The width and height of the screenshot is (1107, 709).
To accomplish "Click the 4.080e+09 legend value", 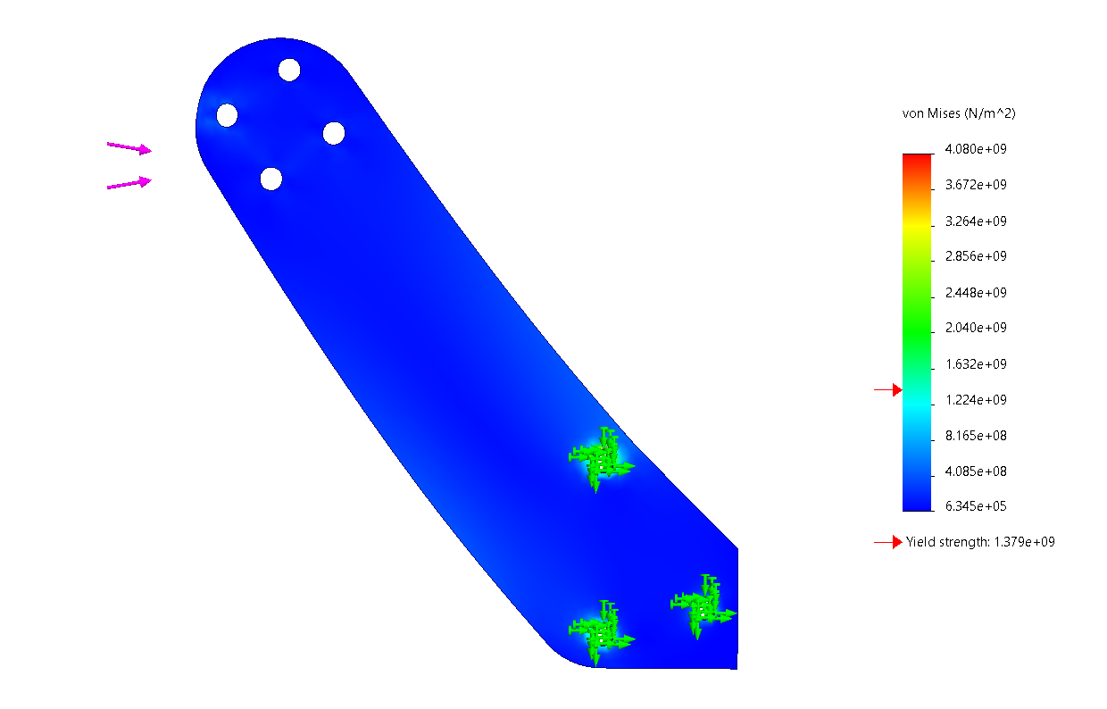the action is coord(976,149).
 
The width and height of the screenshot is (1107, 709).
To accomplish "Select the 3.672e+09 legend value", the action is coord(976,185).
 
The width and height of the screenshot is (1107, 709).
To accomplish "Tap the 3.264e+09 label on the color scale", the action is coord(976,221).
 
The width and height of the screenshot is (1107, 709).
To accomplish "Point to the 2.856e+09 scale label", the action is coord(976,256).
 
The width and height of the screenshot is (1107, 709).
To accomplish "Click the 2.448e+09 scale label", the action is coord(976,293).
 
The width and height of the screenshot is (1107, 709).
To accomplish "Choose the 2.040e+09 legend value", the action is coord(976,328).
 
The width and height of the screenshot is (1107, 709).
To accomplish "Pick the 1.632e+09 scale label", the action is coord(976,364).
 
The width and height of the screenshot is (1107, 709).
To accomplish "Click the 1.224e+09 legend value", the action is coord(976,400).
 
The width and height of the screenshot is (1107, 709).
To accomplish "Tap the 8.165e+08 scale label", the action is coord(976,436).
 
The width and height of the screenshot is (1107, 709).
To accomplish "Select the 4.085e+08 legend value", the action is coord(976,471).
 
